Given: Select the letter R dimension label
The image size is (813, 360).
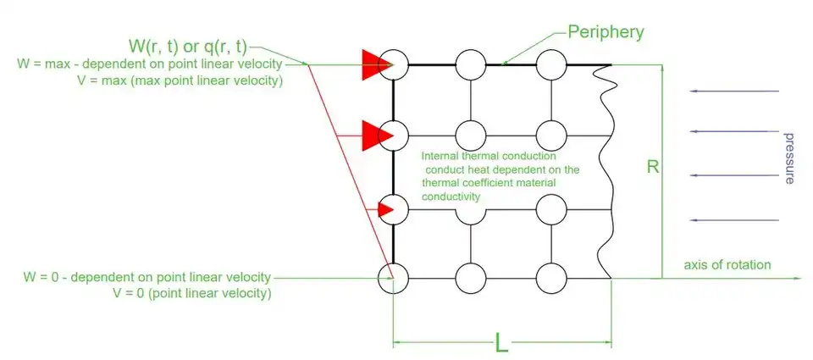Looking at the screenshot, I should [652, 167].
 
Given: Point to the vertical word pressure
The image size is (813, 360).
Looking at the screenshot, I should [789, 158].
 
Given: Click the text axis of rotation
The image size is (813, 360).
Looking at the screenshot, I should [727, 265].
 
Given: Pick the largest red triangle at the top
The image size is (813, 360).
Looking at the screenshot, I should [373, 64].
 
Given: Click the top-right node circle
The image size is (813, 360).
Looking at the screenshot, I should [551, 64].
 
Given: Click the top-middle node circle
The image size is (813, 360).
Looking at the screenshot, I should [471, 64].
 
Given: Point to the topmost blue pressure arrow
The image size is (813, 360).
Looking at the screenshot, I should [733, 91].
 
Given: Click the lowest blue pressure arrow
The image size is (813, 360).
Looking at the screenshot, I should [733, 220].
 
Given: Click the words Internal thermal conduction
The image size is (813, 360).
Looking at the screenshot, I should [489, 158].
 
